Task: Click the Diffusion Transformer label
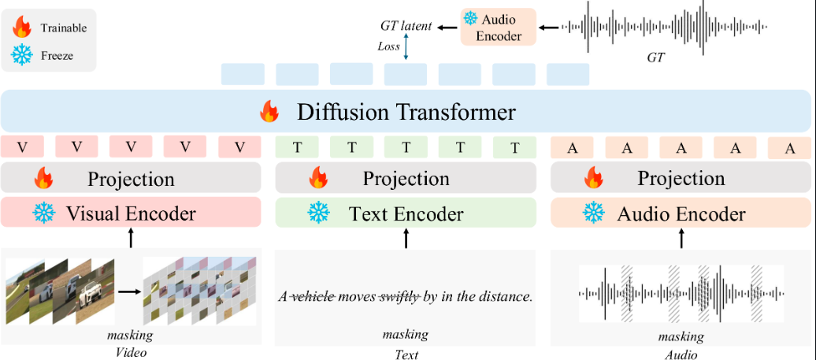tap(406, 112)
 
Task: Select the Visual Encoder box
tap(131, 213)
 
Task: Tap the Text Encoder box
tap(406, 213)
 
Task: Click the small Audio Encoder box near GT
tap(498, 27)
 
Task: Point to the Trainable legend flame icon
tap(21, 28)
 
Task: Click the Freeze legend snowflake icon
tap(21, 55)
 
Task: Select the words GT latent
tap(406, 27)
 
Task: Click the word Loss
tap(389, 46)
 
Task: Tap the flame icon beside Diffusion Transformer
tap(269, 113)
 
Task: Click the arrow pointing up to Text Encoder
tap(406, 238)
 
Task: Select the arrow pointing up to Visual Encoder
tap(131, 238)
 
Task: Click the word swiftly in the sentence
tap(398, 297)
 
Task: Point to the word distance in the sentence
tap(506, 297)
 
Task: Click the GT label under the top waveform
tap(655, 58)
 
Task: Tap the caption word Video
tap(130, 352)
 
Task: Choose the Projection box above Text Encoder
tap(406, 179)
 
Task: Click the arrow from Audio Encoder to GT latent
tap(447, 28)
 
